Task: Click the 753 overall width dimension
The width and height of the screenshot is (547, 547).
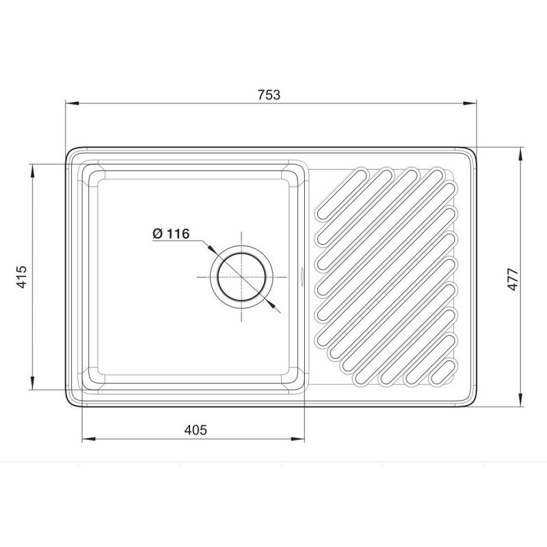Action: [x=269, y=95]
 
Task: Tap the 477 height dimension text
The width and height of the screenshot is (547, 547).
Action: [x=513, y=279]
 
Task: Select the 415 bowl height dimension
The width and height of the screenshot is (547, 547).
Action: [x=22, y=277]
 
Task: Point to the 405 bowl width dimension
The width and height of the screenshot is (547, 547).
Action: [x=196, y=430]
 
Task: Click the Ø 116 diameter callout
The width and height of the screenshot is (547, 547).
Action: [x=171, y=233]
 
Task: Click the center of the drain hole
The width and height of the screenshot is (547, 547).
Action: [x=241, y=277]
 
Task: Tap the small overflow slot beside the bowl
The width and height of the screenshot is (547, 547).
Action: [x=302, y=277]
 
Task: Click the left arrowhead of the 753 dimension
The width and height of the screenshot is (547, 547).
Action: [x=72, y=103]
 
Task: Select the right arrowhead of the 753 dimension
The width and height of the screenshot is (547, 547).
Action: [x=470, y=103]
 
